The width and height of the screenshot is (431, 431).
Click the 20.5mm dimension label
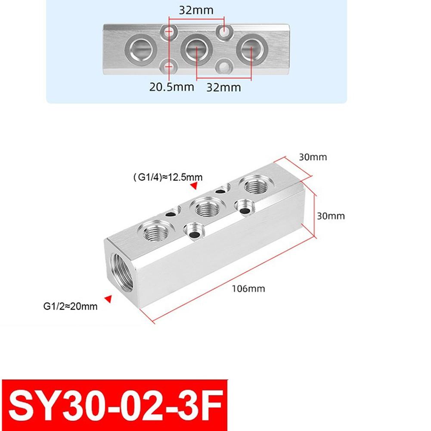172,87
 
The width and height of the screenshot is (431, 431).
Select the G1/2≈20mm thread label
71,307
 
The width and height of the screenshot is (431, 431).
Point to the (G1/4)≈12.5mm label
168,177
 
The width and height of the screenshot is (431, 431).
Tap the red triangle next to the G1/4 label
194,186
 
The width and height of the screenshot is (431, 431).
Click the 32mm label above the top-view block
196,10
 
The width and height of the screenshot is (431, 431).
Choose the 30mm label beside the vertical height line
331,216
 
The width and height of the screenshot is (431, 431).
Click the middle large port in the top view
196,49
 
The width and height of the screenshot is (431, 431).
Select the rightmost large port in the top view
251,49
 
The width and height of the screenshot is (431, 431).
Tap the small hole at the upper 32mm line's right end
224,31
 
